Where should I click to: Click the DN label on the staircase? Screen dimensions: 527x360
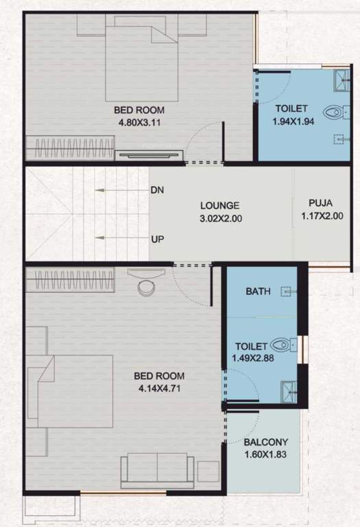[157, 190]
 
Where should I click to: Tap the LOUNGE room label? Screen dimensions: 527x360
[219, 205]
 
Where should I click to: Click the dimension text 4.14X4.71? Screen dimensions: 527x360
[158, 389]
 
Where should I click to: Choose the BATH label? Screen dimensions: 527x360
[258, 292]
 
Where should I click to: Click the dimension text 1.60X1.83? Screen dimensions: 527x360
[264, 454]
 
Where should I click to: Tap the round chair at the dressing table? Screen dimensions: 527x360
[147, 286]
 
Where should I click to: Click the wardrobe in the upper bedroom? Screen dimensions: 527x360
[69, 147]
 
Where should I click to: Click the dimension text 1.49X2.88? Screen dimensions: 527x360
[254, 359]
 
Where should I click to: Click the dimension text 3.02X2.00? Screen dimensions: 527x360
[219, 219]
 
